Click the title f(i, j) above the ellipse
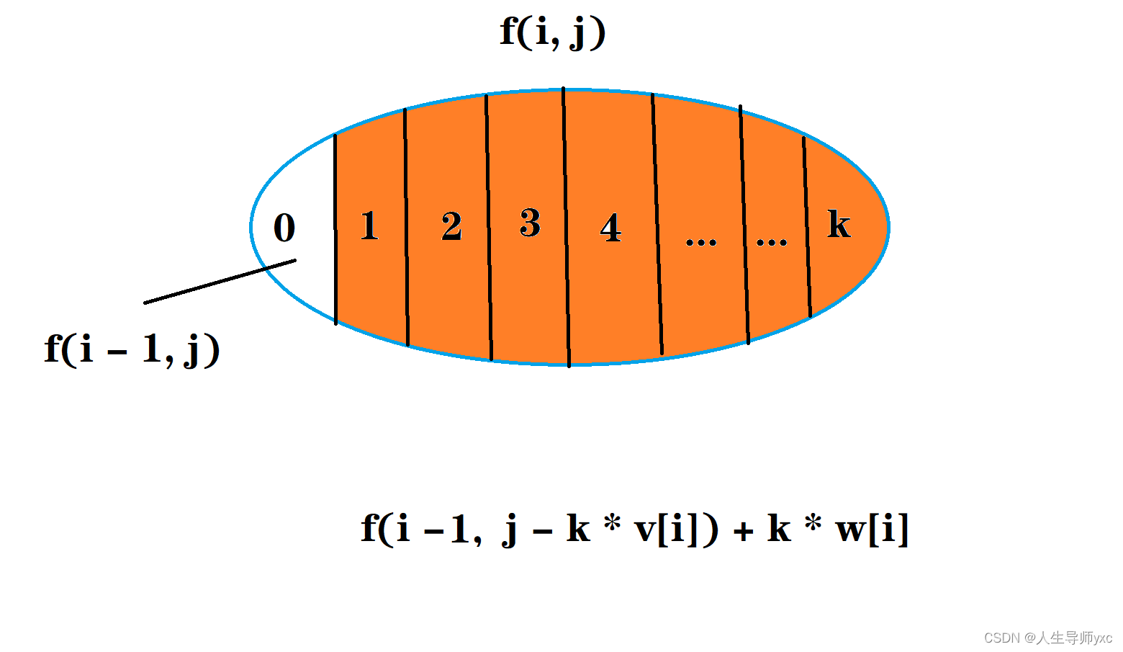[x=553, y=33]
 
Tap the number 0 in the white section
[x=284, y=228]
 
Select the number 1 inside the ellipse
[x=369, y=225]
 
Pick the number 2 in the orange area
[x=451, y=227]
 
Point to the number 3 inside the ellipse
[x=530, y=223]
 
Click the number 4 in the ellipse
[x=610, y=228]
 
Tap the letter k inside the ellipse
[x=839, y=224]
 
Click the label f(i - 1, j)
[x=132, y=349]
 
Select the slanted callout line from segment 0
[x=220, y=282]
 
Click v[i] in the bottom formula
[x=676, y=530]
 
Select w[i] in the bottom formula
[x=872, y=530]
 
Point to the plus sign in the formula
[x=743, y=532]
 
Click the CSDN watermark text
[x=1047, y=638]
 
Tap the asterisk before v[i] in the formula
[x=612, y=523]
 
